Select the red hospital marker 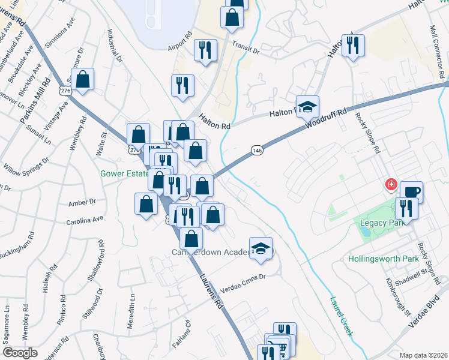coord(391,184)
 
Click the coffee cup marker coord(411,193)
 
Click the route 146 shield coord(257,150)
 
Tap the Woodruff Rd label coord(326,118)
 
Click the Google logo coord(20,352)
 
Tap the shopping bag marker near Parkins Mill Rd coord(83,79)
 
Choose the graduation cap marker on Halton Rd coord(307,107)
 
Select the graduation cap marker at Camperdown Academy coord(261,248)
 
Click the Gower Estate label coord(124,174)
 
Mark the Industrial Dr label coord(114,46)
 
